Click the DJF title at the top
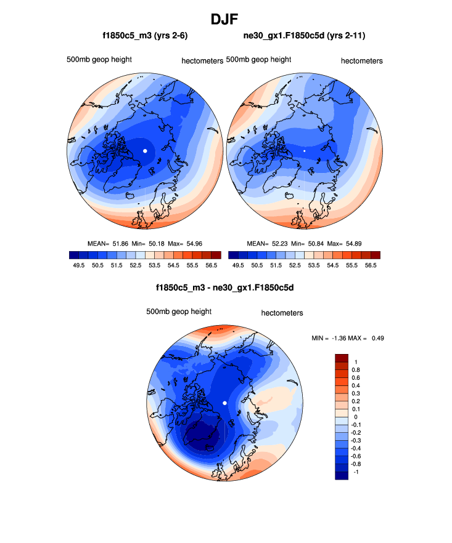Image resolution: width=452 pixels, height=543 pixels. [225, 19]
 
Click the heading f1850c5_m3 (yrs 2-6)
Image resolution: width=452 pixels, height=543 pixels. [145, 36]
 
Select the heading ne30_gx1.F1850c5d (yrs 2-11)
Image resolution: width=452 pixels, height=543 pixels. [305, 36]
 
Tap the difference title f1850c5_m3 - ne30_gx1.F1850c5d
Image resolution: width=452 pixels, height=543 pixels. [225, 288]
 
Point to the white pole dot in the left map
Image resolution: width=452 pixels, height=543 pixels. [145, 150]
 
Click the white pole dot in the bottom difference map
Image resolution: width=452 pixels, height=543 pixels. [225, 402]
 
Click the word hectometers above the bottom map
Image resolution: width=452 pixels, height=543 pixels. [282, 313]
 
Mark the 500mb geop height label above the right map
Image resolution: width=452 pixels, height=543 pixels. [258, 60]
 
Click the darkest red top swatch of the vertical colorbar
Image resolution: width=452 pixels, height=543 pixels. [342, 358]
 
